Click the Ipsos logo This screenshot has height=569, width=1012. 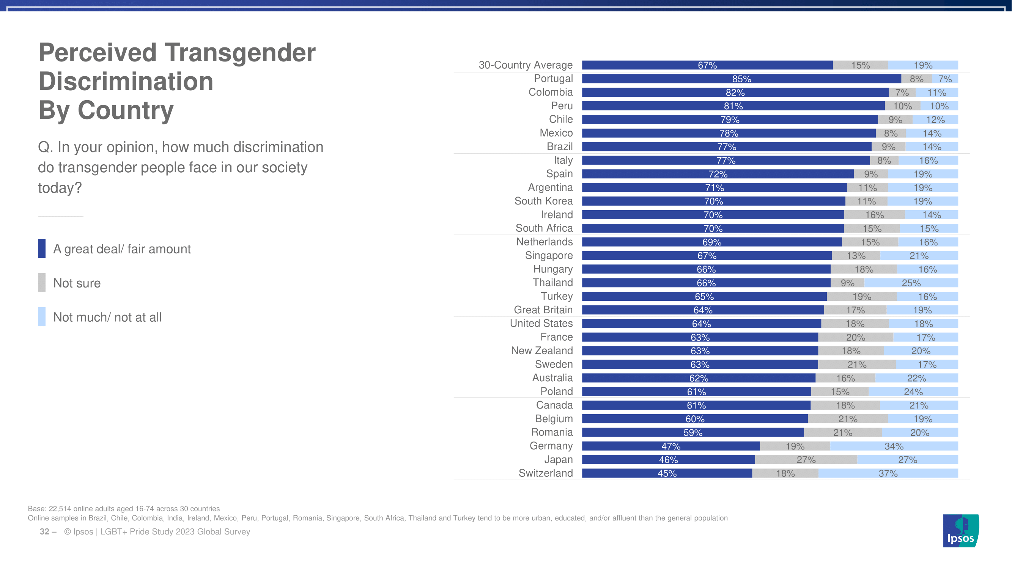(x=960, y=531)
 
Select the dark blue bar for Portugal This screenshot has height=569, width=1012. (x=741, y=79)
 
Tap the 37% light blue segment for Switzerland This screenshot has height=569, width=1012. (x=888, y=473)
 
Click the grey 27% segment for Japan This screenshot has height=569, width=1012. (x=806, y=459)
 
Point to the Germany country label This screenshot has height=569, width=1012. (x=551, y=446)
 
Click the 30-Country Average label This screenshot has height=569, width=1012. (x=525, y=65)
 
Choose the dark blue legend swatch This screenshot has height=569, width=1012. (x=42, y=248)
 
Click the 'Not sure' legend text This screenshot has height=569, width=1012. (x=77, y=283)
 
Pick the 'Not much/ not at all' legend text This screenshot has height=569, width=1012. (x=107, y=317)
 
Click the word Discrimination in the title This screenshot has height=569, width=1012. (x=126, y=81)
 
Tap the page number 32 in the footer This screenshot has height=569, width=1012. (x=44, y=532)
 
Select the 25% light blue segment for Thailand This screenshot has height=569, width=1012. (x=911, y=283)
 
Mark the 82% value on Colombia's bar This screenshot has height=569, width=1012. (x=735, y=92)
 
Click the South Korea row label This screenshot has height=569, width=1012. (x=543, y=201)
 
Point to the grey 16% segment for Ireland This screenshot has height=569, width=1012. (x=875, y=215)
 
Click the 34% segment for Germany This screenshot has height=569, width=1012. (x=894, y=446)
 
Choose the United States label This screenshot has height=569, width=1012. (x=541, y=323)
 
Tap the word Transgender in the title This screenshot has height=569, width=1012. (x=240, y=52)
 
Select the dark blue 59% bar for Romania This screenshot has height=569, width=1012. (x=693, y=432)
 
